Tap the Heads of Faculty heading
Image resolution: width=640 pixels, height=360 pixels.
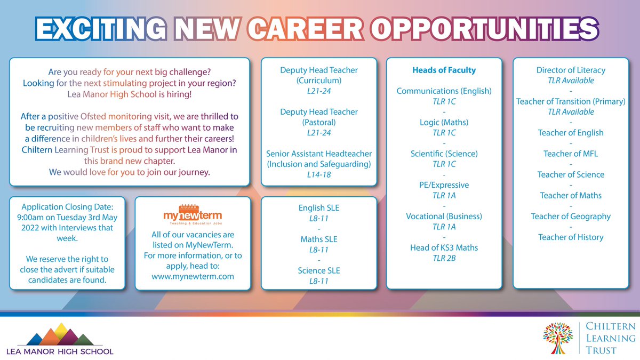pos(444,70)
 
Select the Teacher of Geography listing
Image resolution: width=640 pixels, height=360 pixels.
pos(571,216)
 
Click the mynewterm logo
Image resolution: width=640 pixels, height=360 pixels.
pos(193,214)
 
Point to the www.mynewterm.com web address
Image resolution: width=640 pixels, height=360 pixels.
pos(193,276)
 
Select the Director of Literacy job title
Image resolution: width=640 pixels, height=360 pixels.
pos(571,70)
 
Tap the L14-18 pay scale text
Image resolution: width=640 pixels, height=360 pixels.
pos(319,174)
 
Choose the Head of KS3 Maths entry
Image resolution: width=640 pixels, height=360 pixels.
pos(444,247)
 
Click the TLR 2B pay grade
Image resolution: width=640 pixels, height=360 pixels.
pos(444,258)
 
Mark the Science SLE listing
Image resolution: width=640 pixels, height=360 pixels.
pos(319,270)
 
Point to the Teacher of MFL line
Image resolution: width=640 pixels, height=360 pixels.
pos(571,154)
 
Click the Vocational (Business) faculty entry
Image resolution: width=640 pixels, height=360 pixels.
pos(444,216)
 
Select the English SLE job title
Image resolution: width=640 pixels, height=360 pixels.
pos(319,208)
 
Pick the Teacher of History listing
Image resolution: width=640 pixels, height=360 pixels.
pos(571,237)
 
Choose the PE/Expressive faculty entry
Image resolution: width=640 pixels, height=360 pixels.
pos(444,185)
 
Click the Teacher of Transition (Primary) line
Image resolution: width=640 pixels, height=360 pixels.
pos(571,101)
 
